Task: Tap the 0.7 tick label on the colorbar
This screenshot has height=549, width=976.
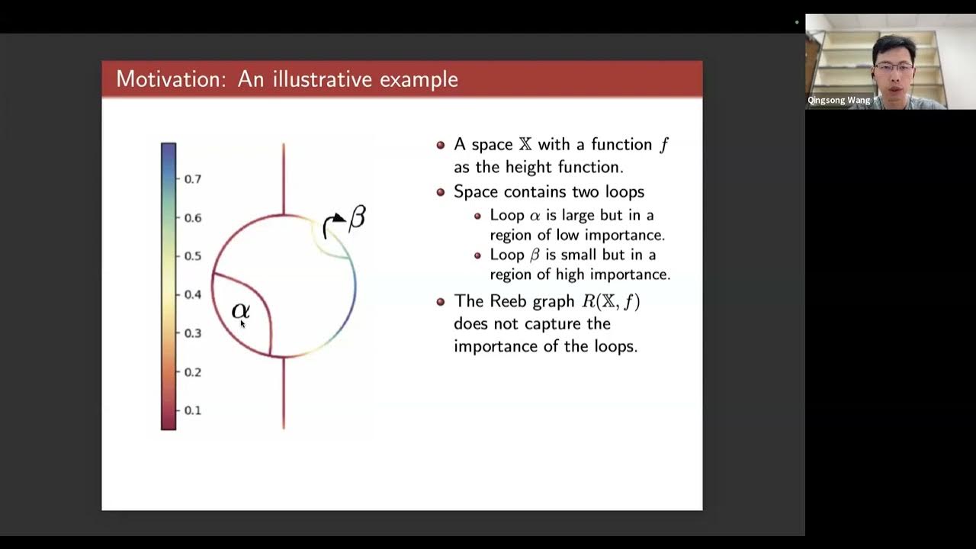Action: click(193, 179)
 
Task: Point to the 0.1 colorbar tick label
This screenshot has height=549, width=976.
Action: click(193, 410)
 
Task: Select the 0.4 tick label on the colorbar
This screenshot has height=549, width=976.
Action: click(193, 294)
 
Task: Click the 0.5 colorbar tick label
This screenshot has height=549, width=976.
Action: click(193, 256)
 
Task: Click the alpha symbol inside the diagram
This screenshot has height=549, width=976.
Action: click(240, 310)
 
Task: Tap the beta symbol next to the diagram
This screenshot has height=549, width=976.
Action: click(357, 218)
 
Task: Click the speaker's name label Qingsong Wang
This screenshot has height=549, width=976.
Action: click(839, 101)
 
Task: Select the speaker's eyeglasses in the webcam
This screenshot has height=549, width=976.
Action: click(894, 68)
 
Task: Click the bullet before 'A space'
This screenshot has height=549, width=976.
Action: click(441, 145)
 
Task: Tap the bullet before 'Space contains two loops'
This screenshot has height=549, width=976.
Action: click(441, 192)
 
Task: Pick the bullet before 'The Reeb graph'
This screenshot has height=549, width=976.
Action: click(441, 302)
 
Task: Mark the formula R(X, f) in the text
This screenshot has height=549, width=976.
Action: click(611, 302)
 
